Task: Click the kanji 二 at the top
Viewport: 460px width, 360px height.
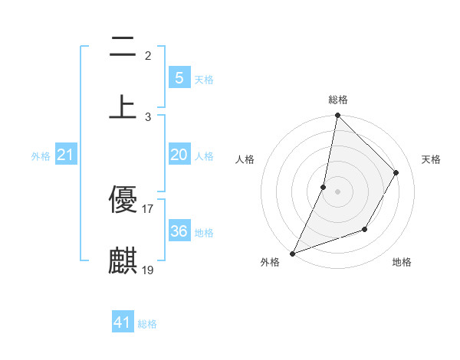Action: point(123,48)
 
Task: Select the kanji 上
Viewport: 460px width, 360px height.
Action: point(123,106)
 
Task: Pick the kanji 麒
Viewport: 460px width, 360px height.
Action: point(123,260)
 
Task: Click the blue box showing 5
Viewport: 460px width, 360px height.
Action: point(179,77)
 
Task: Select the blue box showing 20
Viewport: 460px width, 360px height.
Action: point(179,155)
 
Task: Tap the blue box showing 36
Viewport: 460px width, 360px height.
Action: point(179,231)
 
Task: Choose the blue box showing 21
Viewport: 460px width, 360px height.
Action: point(66,155)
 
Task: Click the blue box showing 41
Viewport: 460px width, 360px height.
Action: point(123,322)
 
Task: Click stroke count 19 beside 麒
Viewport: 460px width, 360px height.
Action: point(148,270)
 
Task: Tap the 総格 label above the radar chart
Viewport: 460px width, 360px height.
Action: point(338,100)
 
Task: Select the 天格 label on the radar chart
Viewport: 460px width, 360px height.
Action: point(431,159)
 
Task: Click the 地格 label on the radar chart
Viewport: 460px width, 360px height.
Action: point(402,262)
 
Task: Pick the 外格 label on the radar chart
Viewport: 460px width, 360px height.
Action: point(270,262)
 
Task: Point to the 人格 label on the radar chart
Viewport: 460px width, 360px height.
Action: point(245,159)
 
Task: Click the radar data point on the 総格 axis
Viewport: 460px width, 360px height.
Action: point(337,115)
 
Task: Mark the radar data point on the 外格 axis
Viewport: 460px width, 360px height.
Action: point(292,253)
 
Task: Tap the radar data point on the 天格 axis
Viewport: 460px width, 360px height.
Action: point(396,172)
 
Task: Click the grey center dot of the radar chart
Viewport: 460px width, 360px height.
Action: point(337,191)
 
